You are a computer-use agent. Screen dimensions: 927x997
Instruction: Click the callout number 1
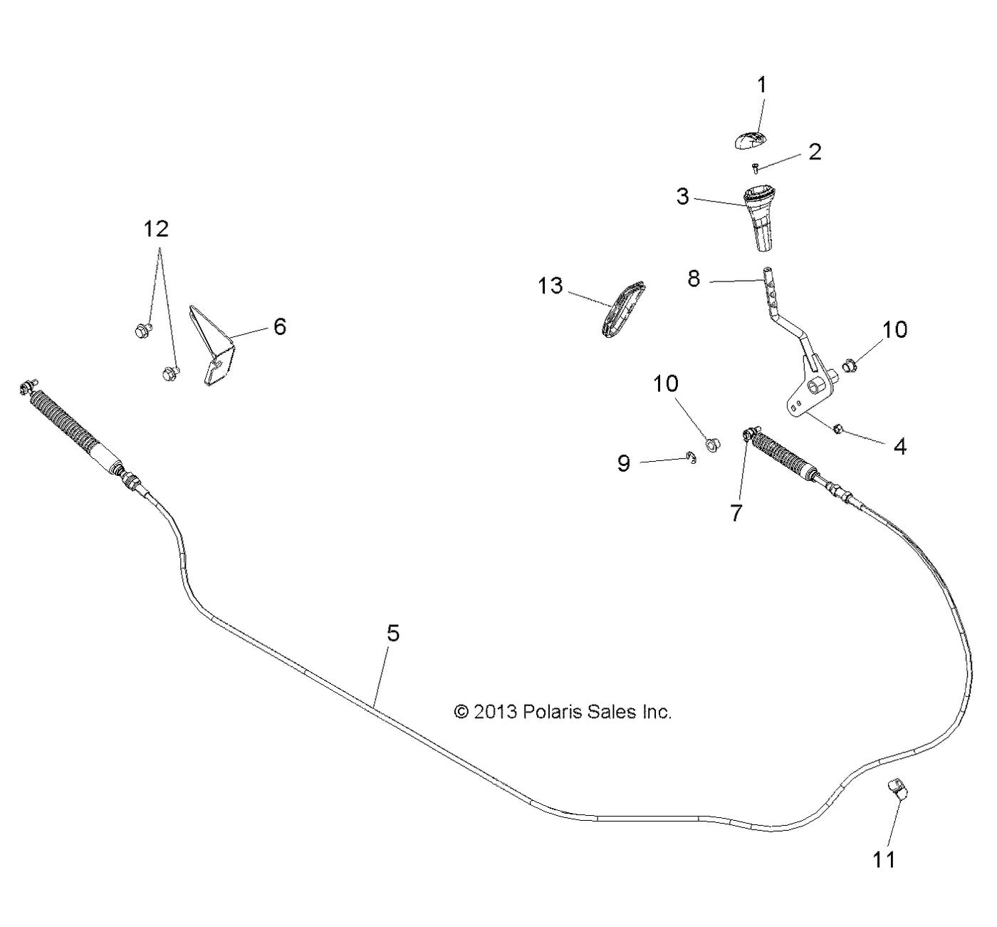pos(761,85)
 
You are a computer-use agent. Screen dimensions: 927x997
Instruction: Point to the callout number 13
pos(550,286)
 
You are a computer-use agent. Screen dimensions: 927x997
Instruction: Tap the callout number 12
pos(157,229)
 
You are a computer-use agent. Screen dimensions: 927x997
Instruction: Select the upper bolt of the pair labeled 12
pos(141,329)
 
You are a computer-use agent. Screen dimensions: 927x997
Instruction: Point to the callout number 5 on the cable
pos(393,633)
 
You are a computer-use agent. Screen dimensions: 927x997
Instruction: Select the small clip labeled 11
pos(899,789)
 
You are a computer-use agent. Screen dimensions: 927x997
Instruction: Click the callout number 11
pos(884,860)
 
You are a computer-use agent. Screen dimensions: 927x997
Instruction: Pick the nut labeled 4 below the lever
pos(838,428)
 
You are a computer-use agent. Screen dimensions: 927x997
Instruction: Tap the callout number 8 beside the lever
pos(694,279)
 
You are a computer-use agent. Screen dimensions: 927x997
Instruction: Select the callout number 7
pos(736,512)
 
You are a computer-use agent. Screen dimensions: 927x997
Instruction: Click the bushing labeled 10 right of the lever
pos(848,366)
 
